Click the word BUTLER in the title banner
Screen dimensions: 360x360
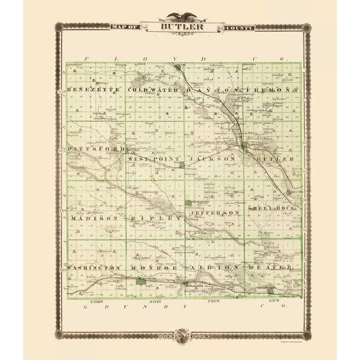tap(180, 26)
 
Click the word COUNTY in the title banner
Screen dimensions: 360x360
tap(232, 26)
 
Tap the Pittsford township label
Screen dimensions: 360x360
tap(95, 149)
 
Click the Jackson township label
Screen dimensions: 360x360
tap(214, 159)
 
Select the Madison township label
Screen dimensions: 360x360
tap(94, 218)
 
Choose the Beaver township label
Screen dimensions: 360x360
tap(270, 267)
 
